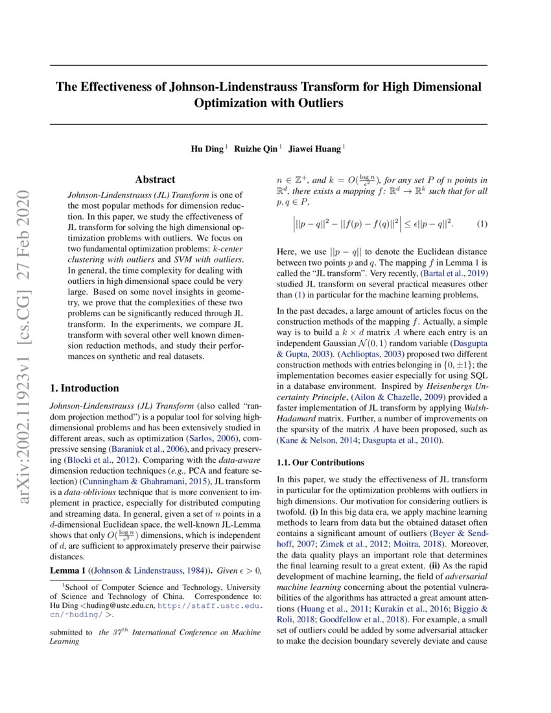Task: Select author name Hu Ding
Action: (205, 149)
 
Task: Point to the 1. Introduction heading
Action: (84, 388)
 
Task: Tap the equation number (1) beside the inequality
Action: (482, 224)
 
